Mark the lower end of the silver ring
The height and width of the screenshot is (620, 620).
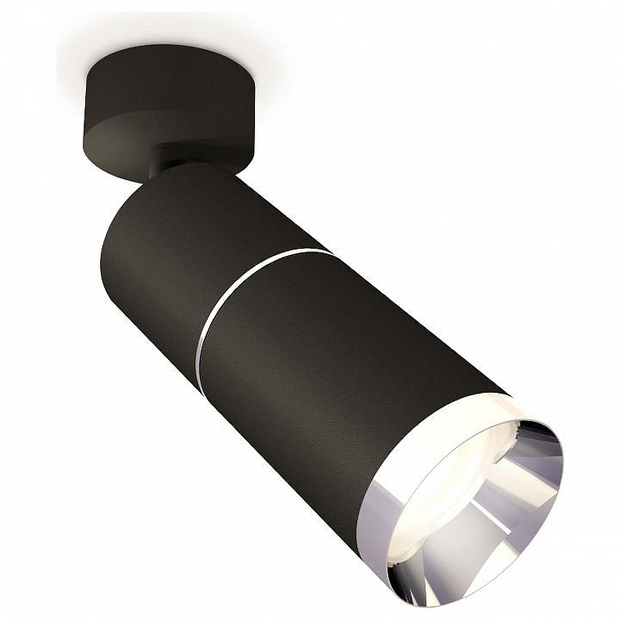tap(200, 353)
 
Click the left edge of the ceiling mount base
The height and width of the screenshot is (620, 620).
tap(84, 101)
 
